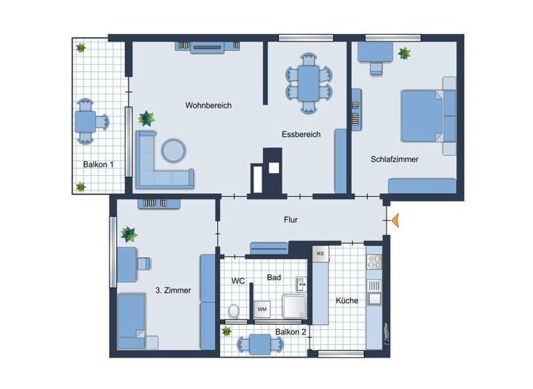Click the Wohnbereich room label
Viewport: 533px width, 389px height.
[x=208, y=106]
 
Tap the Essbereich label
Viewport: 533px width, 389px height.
[x=301, y=135]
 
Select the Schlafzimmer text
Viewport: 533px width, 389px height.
[x=394, y=159]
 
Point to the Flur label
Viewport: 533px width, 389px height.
[x=291, y=220]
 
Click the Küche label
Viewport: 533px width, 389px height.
[x=347, y=301]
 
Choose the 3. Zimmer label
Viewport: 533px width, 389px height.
[x=174, y=291]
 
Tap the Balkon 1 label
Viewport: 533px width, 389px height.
[x=98, y=165]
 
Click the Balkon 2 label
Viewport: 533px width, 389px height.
[x=290, y=332]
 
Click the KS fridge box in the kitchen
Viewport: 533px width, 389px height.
[x=320, y=254]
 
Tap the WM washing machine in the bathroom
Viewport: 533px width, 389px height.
[x=262, y=308]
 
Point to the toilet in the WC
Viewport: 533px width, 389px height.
[x=234, y=311]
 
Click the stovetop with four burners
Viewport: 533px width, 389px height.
[x=374, y=261]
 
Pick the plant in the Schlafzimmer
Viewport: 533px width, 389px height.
[x=404, y=53]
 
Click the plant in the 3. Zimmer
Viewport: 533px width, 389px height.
[x=129, y=233]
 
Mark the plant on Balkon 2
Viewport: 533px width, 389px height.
[x=227, y=332]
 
